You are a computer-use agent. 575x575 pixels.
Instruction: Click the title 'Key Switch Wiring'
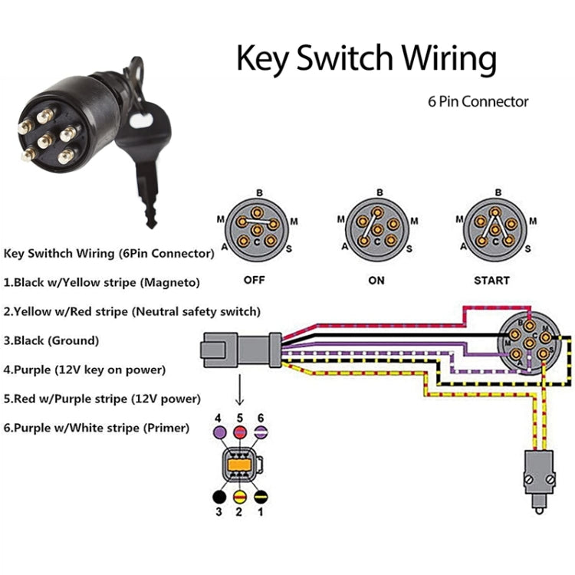pyautogui.click(x=366, y=59)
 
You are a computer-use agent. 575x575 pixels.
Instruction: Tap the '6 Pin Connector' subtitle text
pyautogui.click(x=478, y=101)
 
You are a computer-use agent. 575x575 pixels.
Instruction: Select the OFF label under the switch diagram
pyautogui.click(x=254, y=280)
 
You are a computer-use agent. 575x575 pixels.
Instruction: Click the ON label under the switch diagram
pyautogui.click(x=376, y=281)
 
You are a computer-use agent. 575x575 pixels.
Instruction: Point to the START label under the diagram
pyautogui.click(x=491, y=281)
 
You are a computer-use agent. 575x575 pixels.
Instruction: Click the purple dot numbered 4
pyautogui.click(x=219, y=434)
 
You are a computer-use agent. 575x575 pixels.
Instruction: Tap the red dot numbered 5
pyautogui.click(x=239, y=434)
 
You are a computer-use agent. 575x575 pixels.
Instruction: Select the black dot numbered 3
pyautogui.click(x=219, y=497)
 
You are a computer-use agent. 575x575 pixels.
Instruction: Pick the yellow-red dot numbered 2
pyautogui.click(x=239, y=497)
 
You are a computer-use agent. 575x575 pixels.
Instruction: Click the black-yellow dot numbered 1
pyautogui.click(x=261, y=497)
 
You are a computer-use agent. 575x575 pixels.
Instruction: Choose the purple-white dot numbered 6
pyautogui.click(x=261, y=434)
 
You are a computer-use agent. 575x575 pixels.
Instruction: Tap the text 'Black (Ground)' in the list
pyautogui.click(x=51, y=340)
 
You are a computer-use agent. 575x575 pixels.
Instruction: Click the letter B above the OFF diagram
pyautogui.click(x=259, y=192)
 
